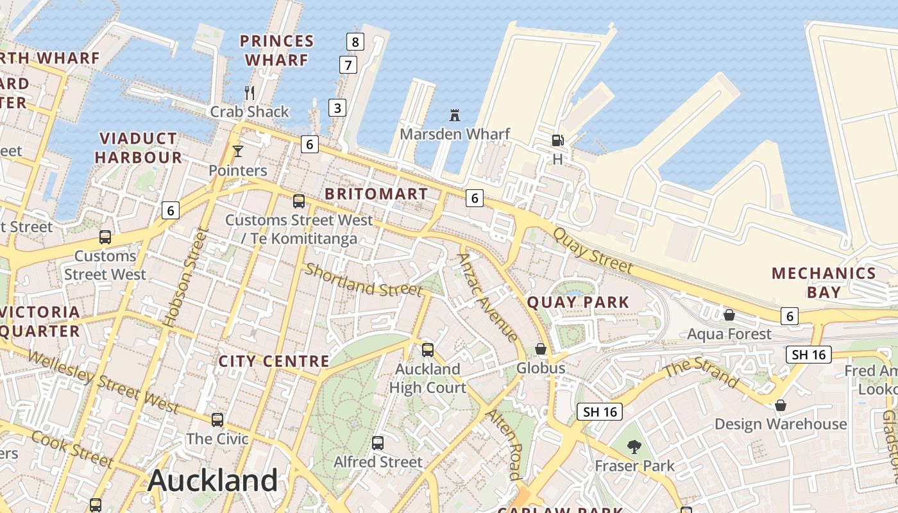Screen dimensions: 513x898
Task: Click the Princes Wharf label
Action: pos(276,51)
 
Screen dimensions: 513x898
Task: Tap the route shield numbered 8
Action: pos(355,42)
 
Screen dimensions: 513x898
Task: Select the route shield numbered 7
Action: pos(348,65)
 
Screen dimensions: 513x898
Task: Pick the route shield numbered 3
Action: pos(337,107)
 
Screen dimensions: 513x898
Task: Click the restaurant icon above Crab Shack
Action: pos(250,93)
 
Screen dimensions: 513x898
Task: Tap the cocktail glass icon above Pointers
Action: pos(238,151)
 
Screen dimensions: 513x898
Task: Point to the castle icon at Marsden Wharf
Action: pos(455,115)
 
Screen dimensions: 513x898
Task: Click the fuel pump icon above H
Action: pos(557,140)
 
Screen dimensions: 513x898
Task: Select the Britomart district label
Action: pos(376,194)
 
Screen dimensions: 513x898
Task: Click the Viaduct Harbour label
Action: pos(139,147)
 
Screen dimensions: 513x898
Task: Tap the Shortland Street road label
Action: pos(364,280)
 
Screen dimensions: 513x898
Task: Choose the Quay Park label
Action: pos(578,301)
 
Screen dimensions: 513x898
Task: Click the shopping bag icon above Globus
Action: pos(541,349)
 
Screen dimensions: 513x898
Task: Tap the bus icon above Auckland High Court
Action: pos(428,350)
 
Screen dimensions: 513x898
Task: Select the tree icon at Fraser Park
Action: pos(634,446)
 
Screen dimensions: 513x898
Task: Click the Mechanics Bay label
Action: pos(824,282)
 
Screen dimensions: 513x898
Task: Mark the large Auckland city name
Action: pos(213,480)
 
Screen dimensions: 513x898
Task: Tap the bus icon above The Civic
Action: pos(217,420)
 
